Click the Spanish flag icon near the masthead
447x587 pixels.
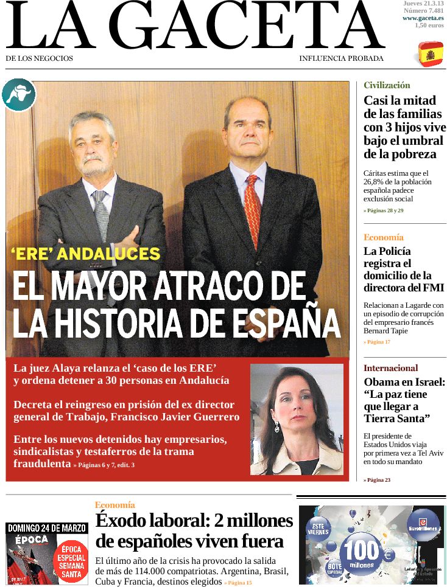tap(431, 55)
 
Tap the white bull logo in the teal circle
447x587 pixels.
tap(18, 96)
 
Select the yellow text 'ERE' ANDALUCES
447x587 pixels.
tap(85, 254)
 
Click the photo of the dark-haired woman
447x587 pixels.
tap(296, 419)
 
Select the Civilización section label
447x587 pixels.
tap(387, 85)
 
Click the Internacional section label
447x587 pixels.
tap(390, 368)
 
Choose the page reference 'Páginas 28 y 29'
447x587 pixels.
tap(384, 210)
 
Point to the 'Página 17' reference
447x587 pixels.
tap(378, 342)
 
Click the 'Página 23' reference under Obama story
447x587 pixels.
tap(378, 480)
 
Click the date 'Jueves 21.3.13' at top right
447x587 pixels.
tap(423, 4)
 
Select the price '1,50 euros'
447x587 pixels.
tap(429, 25)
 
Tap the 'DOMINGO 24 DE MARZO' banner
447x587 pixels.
tap(47, 527)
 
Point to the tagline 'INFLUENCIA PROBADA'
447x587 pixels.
tap(341, 58)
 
